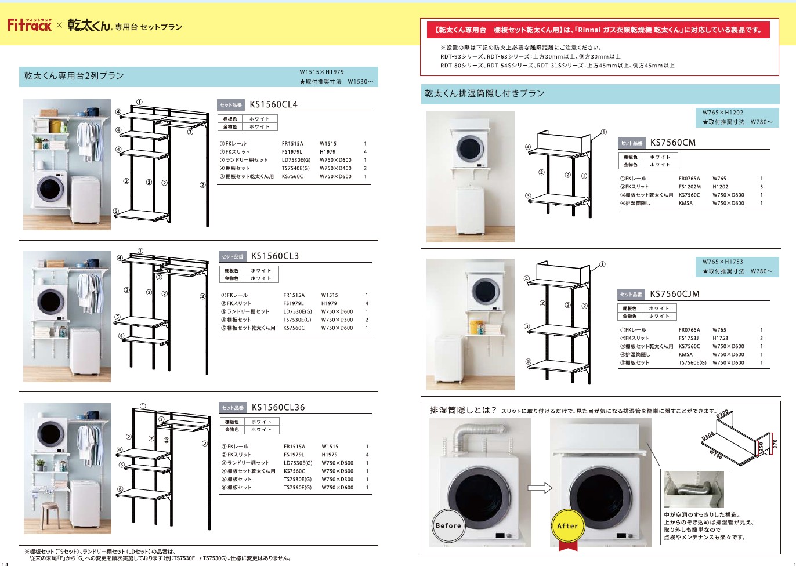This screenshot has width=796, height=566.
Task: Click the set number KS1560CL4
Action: (x=273, y=105)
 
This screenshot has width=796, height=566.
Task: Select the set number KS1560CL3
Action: (x=275, y=256)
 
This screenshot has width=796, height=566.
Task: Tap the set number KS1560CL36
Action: (x=278, y=408)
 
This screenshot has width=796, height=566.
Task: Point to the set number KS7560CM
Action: (x=672, y=143)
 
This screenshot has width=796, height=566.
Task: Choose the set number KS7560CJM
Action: (x=675, y=294)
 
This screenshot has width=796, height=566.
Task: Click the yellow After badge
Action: (x=567, y=526)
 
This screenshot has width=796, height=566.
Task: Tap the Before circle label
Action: (x=448, y=525)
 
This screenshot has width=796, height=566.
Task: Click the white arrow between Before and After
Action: (x=540, y=488)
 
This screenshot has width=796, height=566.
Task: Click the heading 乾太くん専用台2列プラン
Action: (x=74, y=76)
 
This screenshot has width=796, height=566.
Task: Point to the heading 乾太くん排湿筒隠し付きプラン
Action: (x=484, y=93)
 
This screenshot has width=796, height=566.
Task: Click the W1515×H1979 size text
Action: (x=321, y=72)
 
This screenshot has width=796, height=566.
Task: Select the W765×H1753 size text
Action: (x=722, y=262)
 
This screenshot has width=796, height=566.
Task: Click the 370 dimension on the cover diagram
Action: (x=775, y=444)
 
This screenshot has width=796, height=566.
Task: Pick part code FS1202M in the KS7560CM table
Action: (x=690, y=187)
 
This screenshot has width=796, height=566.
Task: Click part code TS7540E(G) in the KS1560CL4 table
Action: (x=295, y=168)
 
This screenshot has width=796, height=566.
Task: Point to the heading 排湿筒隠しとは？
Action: (x=463, y=410)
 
